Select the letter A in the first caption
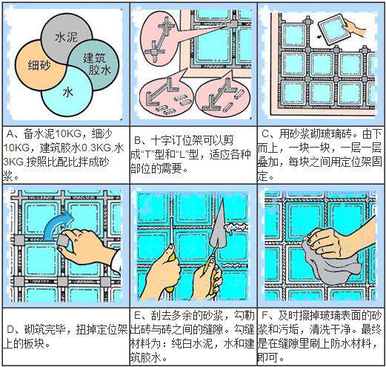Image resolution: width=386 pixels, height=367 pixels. pos(10,134)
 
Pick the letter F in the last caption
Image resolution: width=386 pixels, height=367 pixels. pos(265,316)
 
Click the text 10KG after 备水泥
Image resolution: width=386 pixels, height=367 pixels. pos(67,134)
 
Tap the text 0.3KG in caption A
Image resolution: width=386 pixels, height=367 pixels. pos(96,148)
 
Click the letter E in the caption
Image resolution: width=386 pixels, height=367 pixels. pos(137,316)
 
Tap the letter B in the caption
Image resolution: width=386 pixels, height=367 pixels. pos(138,141)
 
